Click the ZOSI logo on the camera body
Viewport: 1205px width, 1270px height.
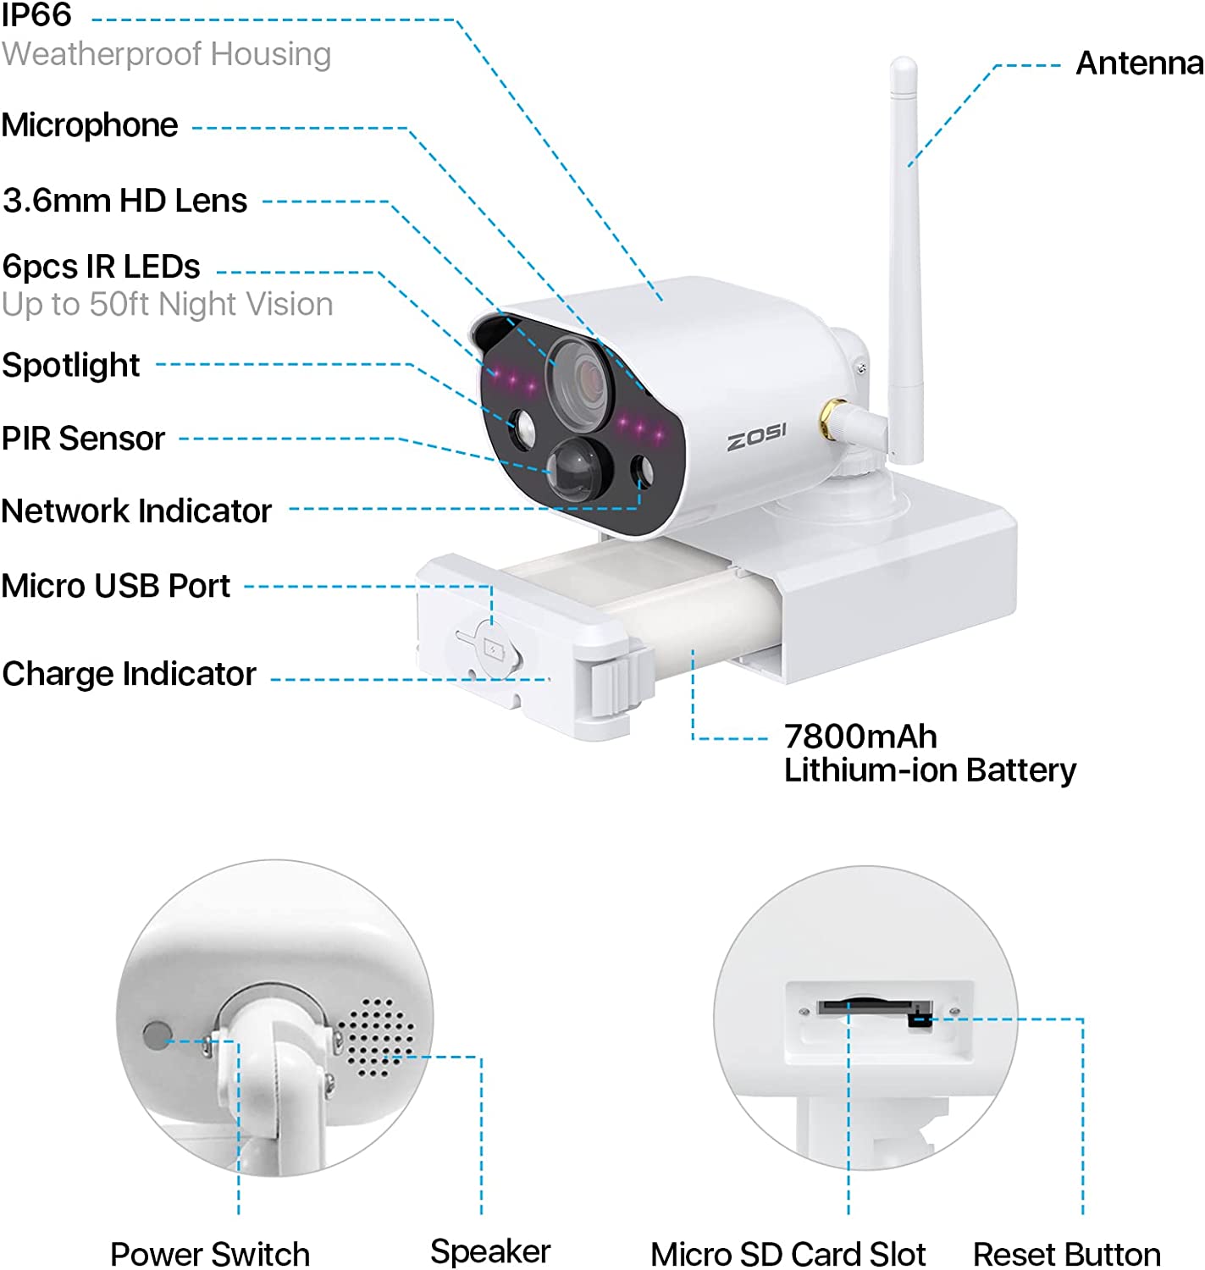(x=756, y=437)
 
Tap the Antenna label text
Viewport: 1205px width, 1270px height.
(x=1140, y=63)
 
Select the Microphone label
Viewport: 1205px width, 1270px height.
(x=90, y=125)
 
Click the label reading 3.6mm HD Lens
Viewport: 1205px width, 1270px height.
(x=125, y=201)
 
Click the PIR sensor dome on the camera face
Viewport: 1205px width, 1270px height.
(x=575, y=470)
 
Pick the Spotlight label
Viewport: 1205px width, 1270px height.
(x=71, y=366)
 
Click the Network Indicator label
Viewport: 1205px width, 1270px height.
(x=136, y=511)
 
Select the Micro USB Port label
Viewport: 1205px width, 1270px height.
(x=116, y=586)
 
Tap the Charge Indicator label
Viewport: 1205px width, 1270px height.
(x=130, y=674)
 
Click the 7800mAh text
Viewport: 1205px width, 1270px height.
(x=860, y=736)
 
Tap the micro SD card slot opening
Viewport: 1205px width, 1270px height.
(x=865, y=1006)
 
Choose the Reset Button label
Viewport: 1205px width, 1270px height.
(x=1067, y=1255)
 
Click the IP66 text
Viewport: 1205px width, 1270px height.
(x=36, y=14)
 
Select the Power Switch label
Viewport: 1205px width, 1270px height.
(x=210, y=1255)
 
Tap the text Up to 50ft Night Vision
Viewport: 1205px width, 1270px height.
(x=168, y=304)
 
